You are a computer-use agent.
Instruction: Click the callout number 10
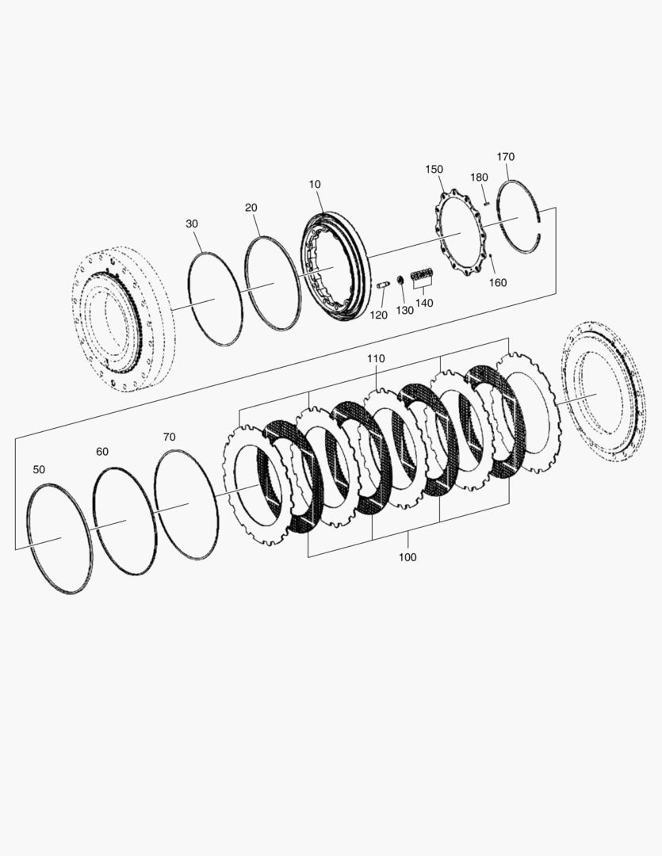315,184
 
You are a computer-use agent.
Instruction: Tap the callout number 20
251,208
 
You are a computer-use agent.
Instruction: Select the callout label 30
192,224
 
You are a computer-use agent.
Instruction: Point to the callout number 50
39,469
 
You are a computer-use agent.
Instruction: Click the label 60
102,451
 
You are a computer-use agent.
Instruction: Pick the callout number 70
169,436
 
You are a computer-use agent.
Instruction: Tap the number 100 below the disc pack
408,557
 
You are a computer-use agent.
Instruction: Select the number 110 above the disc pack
376,358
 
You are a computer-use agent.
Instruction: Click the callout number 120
379,315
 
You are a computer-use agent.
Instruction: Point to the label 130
404,310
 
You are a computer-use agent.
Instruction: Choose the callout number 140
424,303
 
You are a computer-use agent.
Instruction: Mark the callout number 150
434,169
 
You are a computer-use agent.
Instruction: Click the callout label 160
498,282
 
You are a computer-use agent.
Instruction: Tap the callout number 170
506,156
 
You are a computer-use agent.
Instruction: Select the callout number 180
479,177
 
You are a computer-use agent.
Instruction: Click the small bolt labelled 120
382,283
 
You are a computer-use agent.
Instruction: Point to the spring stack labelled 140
423,275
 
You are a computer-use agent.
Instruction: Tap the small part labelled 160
492,255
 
